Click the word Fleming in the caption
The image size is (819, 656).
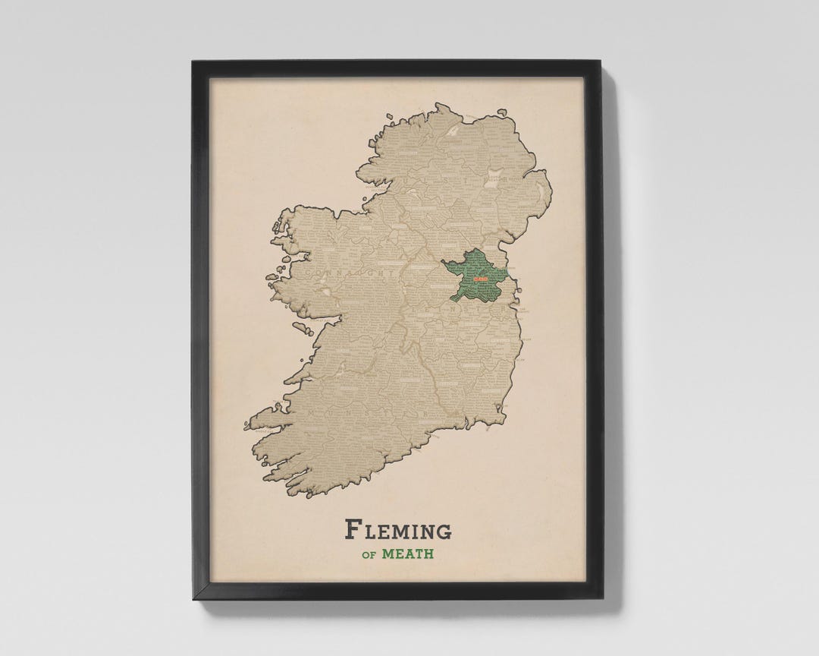398,529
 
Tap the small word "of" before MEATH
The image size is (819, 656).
369,554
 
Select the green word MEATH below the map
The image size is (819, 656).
408,553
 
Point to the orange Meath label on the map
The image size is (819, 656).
480,279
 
